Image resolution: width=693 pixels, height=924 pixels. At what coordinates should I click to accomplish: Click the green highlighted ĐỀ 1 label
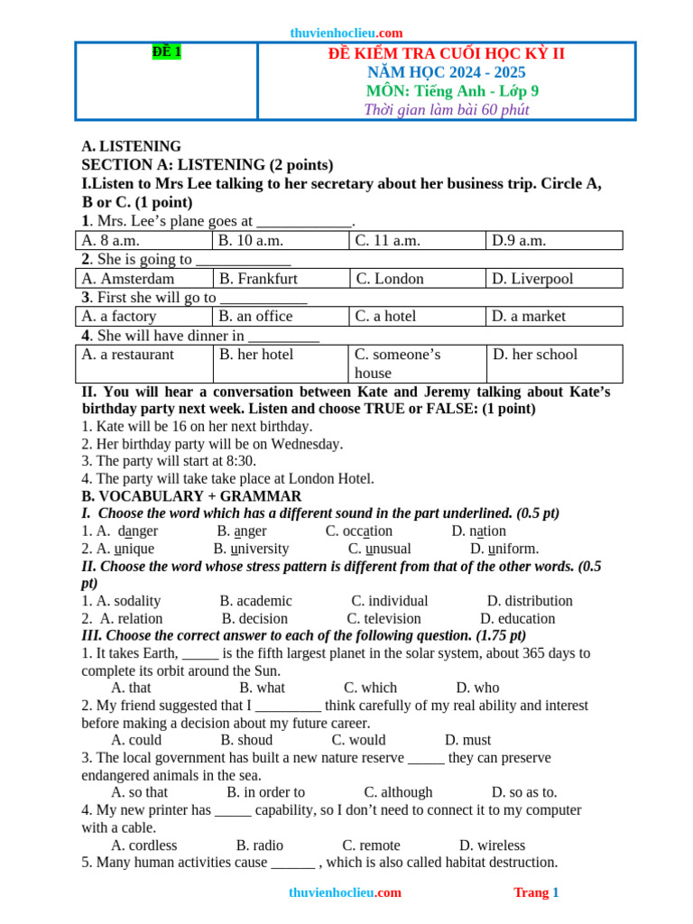point(167,52)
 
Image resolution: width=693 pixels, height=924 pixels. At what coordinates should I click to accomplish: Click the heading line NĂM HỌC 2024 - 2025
point(446,72)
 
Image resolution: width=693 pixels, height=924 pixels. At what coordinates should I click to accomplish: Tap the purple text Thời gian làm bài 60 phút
point(446,110)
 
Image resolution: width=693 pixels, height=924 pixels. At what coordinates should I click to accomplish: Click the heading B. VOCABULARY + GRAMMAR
point(191,496)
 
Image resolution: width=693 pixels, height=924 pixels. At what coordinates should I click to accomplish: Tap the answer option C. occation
point(359,531)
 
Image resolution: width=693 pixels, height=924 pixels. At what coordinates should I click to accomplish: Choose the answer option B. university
point(251,549)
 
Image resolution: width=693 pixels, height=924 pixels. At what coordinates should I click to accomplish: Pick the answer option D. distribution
point(530,601)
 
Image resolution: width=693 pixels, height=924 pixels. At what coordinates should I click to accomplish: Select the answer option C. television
point(383,619)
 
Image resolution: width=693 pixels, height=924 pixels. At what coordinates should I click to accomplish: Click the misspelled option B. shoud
point(246,741)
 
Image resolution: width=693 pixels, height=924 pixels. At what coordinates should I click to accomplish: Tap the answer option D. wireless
point(492,845)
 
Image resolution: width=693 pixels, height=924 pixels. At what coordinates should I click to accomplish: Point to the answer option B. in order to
point(265,792)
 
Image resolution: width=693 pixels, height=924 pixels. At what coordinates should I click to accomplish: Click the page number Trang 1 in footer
point(536,892)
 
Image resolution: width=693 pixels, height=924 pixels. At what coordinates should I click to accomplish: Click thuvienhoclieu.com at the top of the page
point(346,32)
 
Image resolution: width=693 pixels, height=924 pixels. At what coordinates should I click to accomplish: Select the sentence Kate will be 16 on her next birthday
point(197,426)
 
